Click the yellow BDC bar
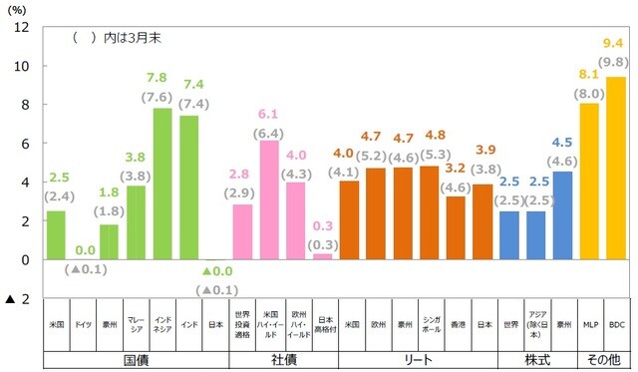click(616, 168)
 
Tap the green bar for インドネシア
click(162, 184)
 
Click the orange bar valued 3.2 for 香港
click(456, 227)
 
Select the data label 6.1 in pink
click(269, 113)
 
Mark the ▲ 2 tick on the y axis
click(17, 299)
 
